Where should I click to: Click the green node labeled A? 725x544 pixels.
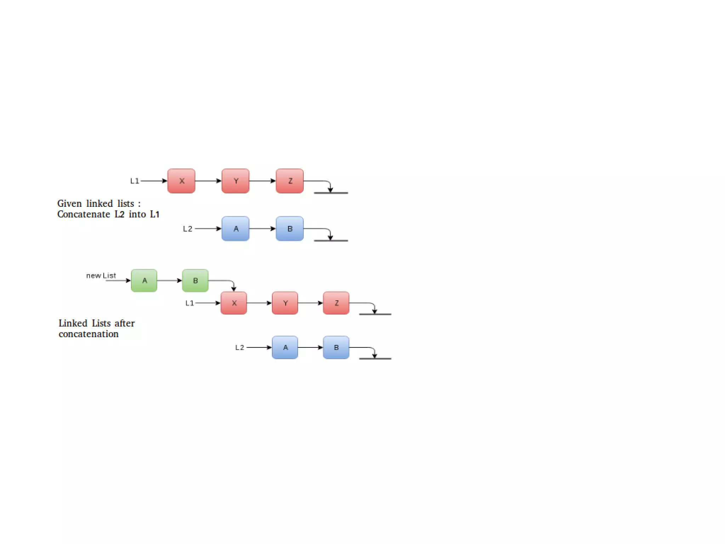(144, 280)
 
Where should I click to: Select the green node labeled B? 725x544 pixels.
(195, 280)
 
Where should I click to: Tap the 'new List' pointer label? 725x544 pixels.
(101, 276)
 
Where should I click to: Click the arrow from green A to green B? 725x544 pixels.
(169, 280)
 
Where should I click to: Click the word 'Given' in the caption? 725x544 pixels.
(69, 204)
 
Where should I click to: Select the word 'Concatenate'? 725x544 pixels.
(84, 214)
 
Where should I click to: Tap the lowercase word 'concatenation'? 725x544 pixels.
(89, 334)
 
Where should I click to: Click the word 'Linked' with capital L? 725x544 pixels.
(73, 323)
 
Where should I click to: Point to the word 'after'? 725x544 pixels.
(124, 323)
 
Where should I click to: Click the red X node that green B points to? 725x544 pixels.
(234, 303)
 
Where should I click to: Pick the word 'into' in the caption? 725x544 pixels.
(137, 214)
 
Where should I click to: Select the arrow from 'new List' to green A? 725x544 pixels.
(118, 280)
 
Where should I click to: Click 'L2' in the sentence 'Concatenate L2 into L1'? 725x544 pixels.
(119, 214)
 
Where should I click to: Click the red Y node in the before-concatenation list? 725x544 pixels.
(235, 181)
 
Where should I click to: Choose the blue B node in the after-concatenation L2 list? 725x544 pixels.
(336, 347)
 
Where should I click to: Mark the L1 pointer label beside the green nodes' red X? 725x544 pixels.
(190, 303)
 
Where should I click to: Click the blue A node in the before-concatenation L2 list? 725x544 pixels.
(235, 229)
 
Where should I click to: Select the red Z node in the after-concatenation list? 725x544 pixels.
(336, 303)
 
